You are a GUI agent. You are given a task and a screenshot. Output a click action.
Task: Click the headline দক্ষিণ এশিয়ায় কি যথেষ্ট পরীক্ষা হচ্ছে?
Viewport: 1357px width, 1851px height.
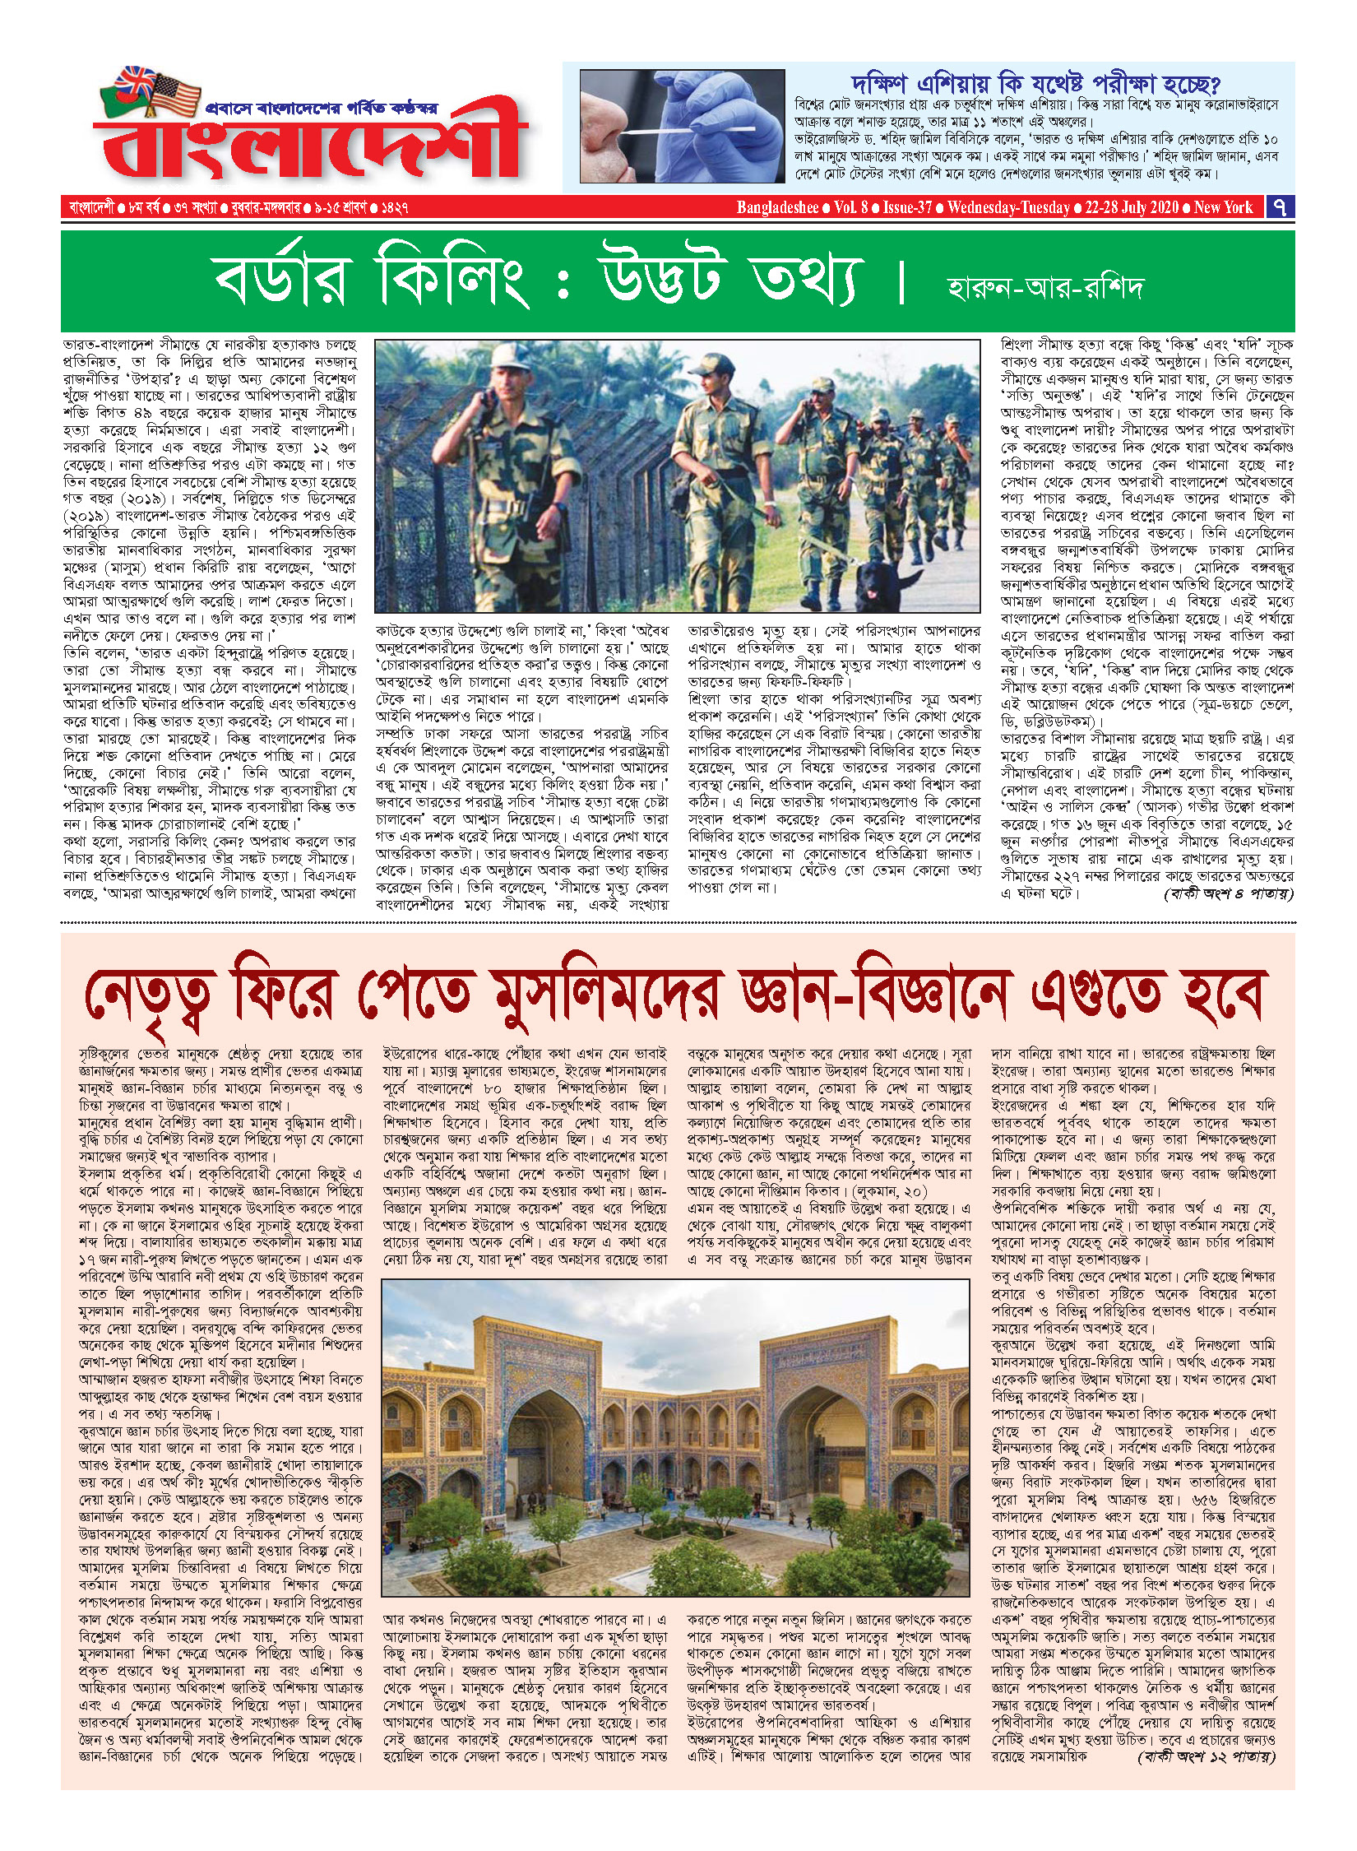(x=1035, y=84)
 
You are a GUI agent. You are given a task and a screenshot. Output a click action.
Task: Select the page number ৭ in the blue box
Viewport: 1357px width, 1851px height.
(x=1280, y=207)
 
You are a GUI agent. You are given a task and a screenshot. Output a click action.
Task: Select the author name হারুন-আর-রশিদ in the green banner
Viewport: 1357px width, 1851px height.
(x=1045, y=288)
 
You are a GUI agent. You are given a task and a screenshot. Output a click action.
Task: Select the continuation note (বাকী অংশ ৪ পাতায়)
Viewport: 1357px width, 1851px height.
(x=1228, y=893)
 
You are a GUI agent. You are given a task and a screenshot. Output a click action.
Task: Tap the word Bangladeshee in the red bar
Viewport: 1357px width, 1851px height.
(x=777, y=207)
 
